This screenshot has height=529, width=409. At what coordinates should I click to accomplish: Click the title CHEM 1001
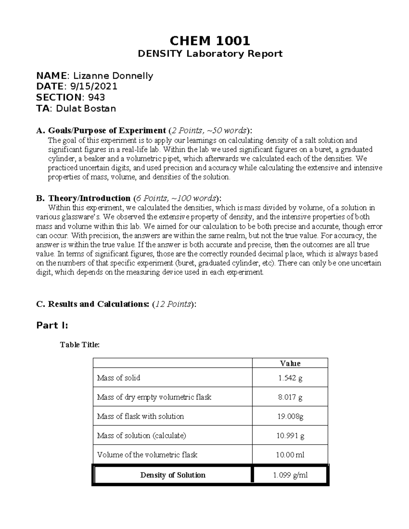click(x=210, y=41)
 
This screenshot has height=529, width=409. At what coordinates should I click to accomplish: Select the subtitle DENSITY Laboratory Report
click(x=210, y=54)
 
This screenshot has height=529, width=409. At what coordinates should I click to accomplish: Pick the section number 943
click(x=96, y=97)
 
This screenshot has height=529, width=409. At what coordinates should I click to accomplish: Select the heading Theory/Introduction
click(x=89, y=198)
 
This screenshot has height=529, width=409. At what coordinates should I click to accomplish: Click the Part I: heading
click(x=52, y=326)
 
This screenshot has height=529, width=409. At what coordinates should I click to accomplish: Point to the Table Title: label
click(x=80, y=345)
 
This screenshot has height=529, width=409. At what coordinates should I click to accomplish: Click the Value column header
click(x=290, y=363)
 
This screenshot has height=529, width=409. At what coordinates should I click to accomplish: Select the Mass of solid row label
click(x=119, y=378)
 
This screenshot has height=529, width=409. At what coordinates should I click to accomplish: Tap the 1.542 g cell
click(x=290, y=378)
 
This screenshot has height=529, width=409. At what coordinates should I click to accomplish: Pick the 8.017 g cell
click(x=290, y=397)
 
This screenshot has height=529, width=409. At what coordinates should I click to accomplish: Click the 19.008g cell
click(x=290, y=416)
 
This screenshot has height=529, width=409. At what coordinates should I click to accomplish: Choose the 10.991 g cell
click(x=290, y=436)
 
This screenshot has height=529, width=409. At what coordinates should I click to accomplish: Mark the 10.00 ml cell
click(x=290, y=455)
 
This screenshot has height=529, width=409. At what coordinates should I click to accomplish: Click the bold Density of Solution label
click(x=173, y=475)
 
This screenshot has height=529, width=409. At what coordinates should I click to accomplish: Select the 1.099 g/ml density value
click(x=290, y=475)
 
